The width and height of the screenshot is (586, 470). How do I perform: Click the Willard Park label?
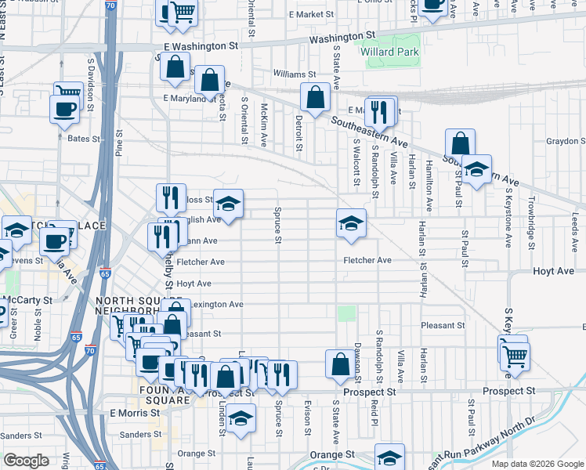coord(390,52)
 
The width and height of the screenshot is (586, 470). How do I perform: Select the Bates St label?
coord(85,139)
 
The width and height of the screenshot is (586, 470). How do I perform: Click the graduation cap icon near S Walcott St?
coord(352,222)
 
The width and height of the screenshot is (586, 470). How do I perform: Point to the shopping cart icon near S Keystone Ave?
coord(515,356)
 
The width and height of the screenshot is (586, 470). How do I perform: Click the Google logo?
coord(26,461)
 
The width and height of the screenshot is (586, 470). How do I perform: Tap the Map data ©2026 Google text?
coord(537,464)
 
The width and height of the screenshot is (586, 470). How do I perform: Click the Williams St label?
coord(294,74)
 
